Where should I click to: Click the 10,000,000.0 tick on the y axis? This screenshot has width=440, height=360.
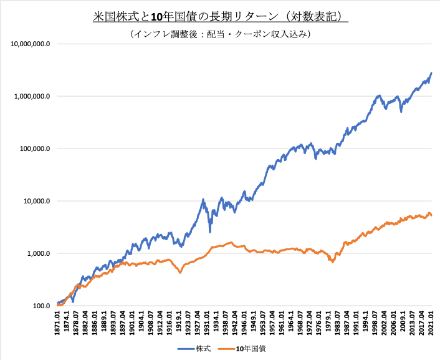[29, 44]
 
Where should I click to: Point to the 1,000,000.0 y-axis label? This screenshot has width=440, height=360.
[31, 97]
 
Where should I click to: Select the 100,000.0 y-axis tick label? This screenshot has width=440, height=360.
[34, 149]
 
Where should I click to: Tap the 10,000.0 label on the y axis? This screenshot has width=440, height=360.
[36, 202]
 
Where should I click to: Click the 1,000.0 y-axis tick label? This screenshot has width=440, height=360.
[37, 254]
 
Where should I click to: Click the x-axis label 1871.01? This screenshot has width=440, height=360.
[59, 325]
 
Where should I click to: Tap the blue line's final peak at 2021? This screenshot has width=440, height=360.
[431, 73]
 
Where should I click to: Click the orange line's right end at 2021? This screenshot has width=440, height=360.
[432, 216]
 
